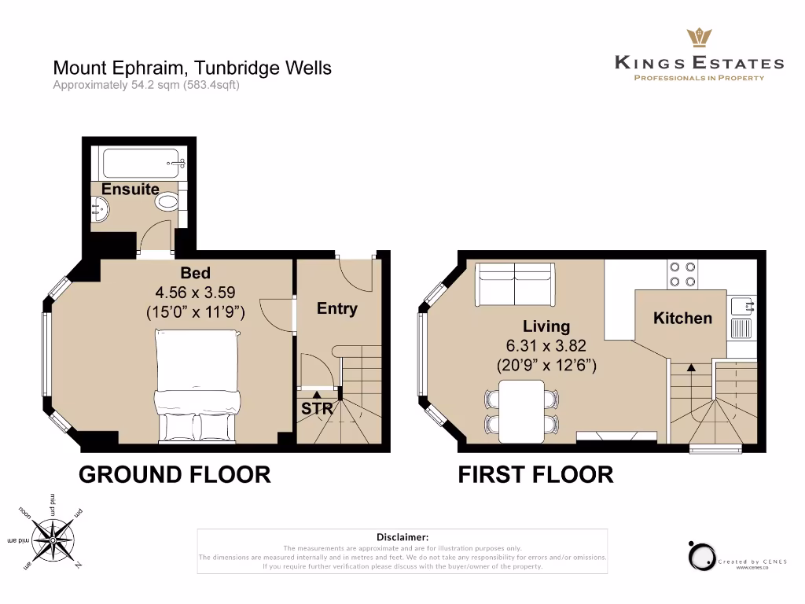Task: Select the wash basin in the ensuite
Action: (99, 208)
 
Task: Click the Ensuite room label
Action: (130, 189)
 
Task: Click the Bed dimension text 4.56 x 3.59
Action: (196, 293)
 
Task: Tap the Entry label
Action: (336, 309)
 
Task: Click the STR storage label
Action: (317, 409)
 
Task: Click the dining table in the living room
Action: (522, 411)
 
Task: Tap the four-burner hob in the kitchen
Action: (682, 274)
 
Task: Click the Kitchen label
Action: (682, 318)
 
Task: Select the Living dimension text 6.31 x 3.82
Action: (546, 346)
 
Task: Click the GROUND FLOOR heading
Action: (174, 474)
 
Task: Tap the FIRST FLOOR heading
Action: (535, 474)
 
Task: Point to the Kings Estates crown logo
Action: (699, 37)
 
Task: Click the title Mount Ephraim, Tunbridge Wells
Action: (192, 68)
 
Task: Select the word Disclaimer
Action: (402, 536)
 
